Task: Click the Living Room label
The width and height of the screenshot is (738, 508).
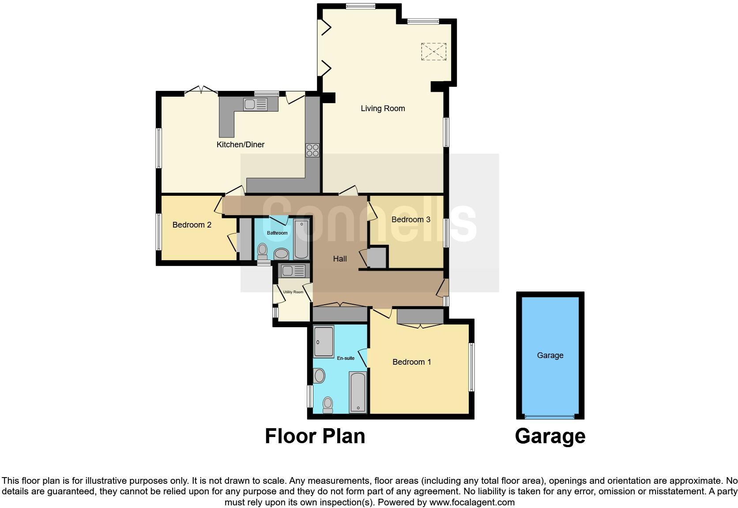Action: click(383, 108)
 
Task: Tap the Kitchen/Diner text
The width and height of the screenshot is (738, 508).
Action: click(240, 145)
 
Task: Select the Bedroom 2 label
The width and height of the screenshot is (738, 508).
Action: click(192, 225)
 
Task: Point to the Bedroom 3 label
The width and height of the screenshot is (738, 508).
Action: click(410, 220)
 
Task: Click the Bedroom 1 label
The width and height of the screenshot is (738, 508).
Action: click(411, 362)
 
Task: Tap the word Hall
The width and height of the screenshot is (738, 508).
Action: click(339, 259)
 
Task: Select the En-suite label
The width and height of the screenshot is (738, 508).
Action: click(346, 358)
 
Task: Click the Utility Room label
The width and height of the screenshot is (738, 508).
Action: click(293, 292)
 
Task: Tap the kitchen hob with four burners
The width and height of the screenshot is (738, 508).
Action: click(313, 150)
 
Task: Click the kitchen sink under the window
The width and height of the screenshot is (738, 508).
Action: click(255, 105)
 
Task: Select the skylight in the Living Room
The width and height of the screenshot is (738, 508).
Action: click(433, 52)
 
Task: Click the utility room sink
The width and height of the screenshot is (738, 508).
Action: click(293, 270)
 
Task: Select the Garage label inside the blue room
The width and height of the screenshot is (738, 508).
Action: click(550, 355)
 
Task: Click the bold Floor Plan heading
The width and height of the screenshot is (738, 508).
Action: click(315, 436)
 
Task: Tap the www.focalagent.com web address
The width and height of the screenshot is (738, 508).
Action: click(471, 502)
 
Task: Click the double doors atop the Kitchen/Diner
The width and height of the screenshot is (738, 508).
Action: click(201, 90)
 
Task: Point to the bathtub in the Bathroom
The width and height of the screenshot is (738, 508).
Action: click(302, 238)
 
